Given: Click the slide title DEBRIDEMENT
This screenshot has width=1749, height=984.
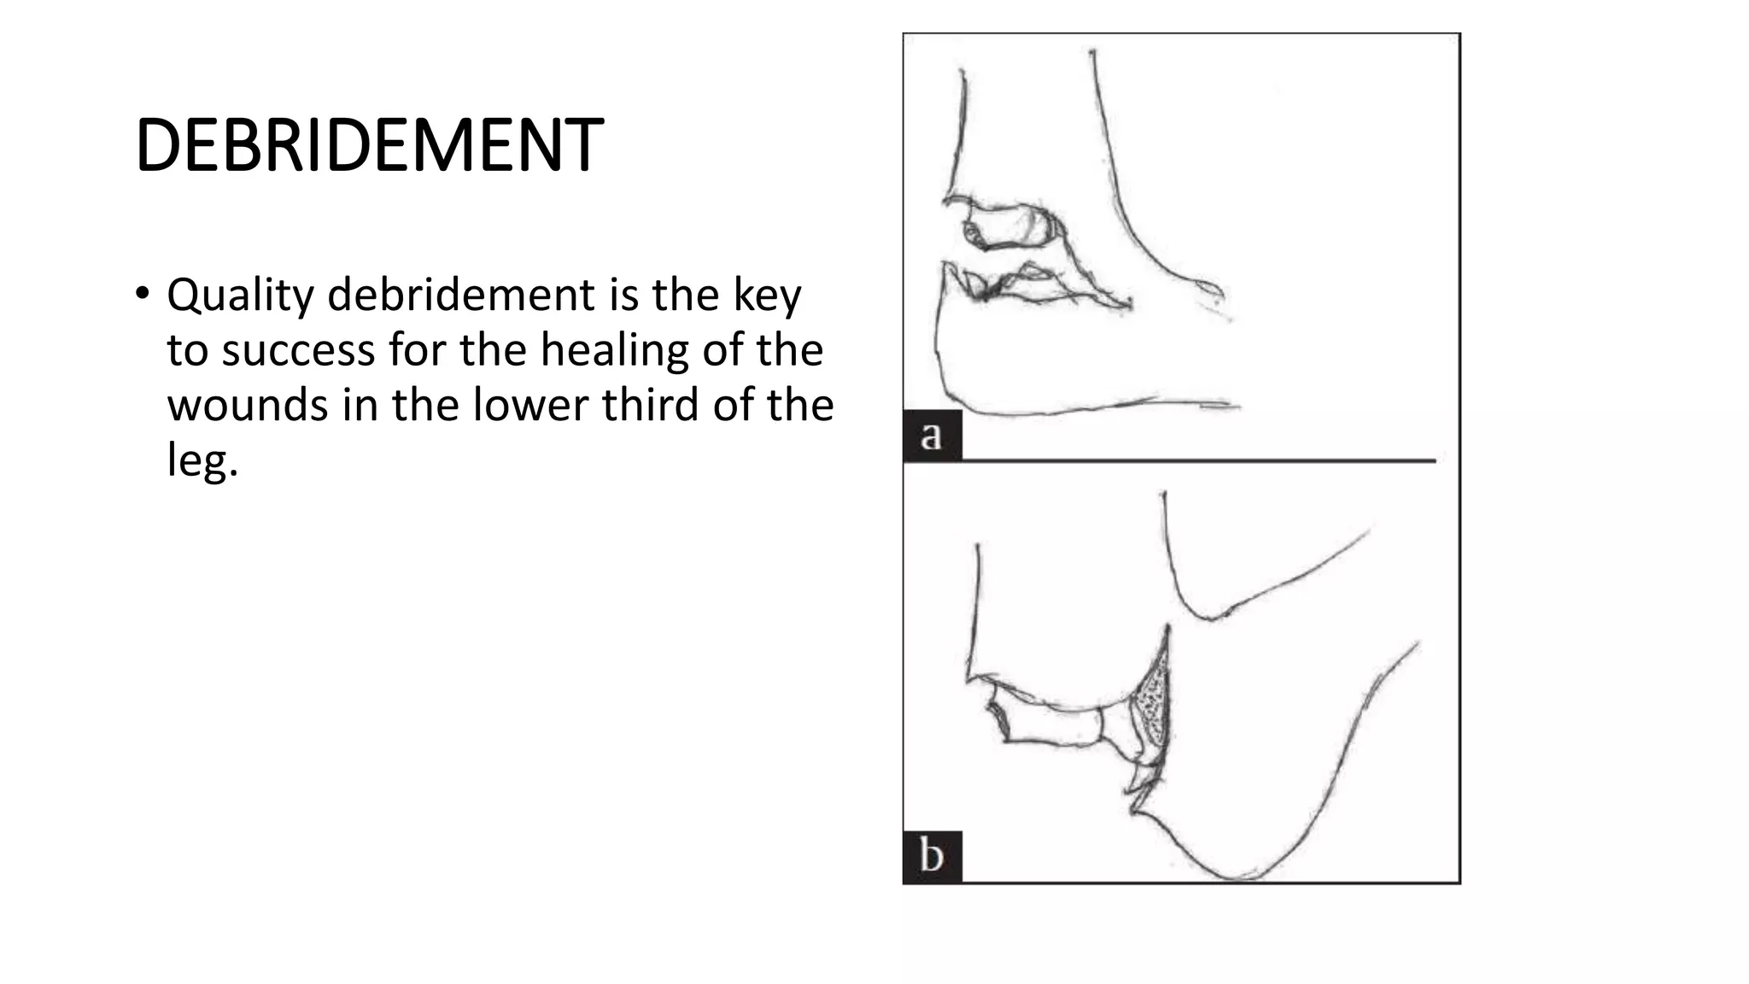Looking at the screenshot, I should click(369, 145).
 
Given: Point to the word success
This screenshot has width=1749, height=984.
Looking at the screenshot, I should click(298, 350).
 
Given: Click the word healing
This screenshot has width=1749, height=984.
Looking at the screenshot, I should click(614, 350).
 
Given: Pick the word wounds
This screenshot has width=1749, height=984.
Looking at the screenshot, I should click(247, 405).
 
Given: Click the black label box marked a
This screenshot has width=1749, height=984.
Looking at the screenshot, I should click(932, 436).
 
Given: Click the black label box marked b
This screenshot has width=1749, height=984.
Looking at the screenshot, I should click(932, 856).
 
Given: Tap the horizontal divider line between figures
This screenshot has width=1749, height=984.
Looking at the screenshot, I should click(1196, 460).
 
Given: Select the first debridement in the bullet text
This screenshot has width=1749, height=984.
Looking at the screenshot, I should click(461, 296).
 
